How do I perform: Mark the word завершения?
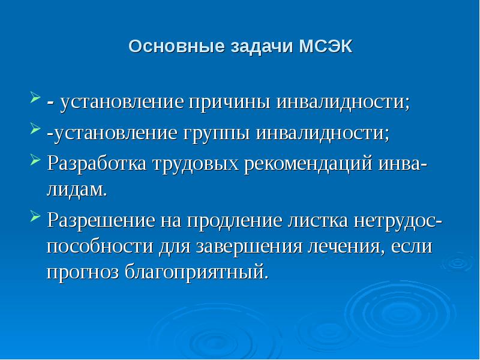tap(260, 247)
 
